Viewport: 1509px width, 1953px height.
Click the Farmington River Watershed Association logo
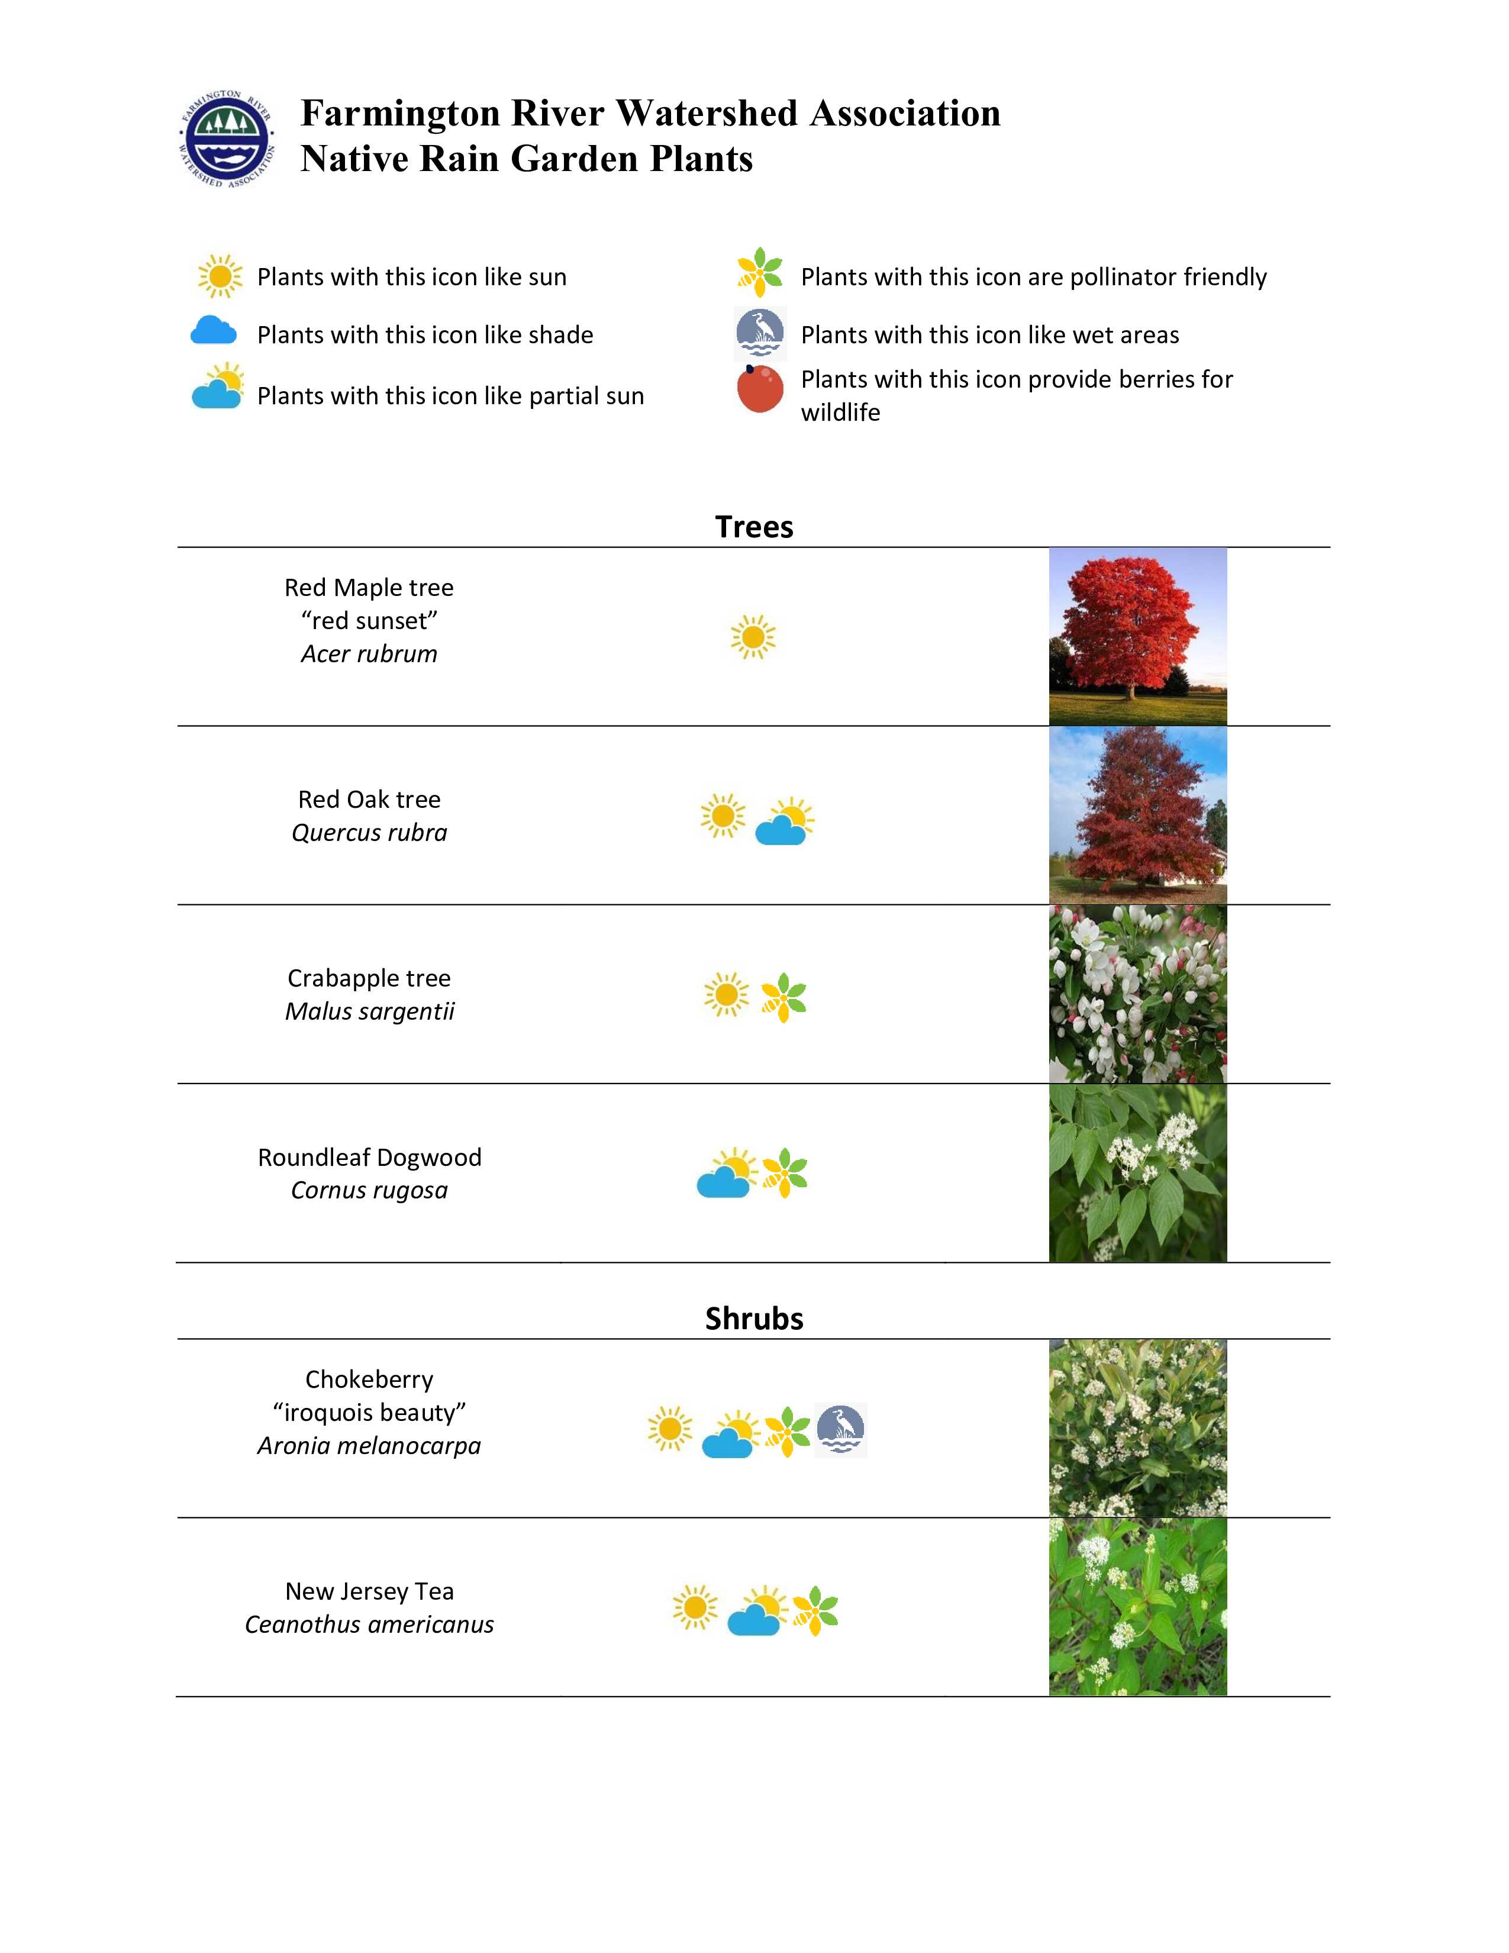click(x=226, y=138)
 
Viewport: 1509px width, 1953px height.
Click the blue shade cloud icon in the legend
click(x=214, y=332)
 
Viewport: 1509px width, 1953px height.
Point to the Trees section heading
click(x=753, y=527)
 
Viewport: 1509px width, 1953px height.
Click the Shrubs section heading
click(x=753, y=1318)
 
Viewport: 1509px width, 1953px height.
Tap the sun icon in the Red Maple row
click(x=753, y=637)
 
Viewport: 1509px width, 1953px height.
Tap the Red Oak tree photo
click(x=1137, y=815)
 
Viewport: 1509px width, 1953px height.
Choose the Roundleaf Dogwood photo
click(x=1137, y=1172)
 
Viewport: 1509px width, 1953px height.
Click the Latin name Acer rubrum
click(x=369, y=654)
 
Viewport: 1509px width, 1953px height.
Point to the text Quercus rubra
click(x=369, y=833)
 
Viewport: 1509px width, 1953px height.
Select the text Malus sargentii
click(x=369, y=1011)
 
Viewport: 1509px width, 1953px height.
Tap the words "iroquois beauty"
click(x=369, y=1412)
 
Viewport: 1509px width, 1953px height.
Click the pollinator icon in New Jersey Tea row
click(x=814, y=1610)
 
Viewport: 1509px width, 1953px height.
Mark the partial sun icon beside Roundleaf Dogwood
click(x=726, y=1173)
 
